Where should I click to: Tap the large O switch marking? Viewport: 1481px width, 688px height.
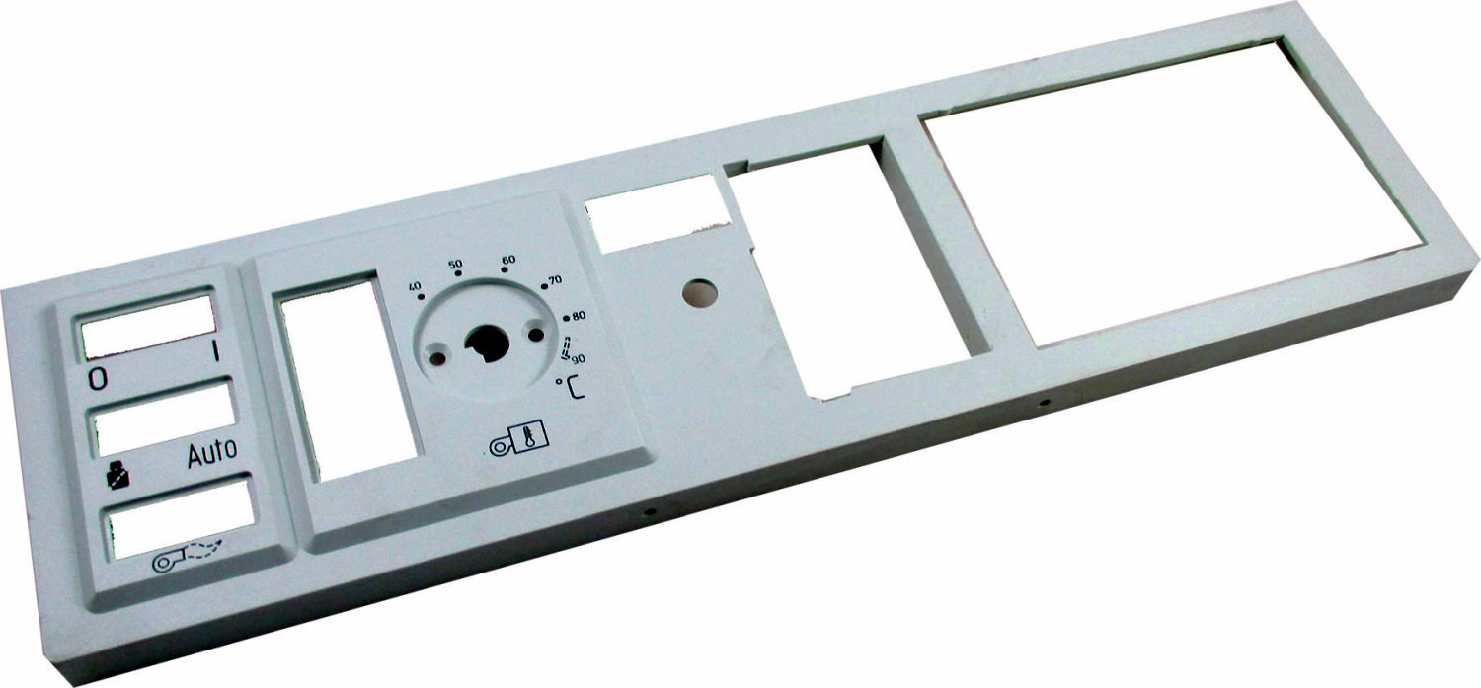point(98,379)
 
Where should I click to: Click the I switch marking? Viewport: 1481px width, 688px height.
point(215,351)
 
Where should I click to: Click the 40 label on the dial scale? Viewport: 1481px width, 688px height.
point(415,287)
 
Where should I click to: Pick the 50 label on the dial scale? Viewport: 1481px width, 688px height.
point(455,265)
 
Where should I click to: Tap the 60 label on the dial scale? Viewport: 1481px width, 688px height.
point(508,259)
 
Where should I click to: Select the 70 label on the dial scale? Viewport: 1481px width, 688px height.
point(555,279)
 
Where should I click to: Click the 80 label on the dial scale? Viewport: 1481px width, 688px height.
point(579,316)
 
